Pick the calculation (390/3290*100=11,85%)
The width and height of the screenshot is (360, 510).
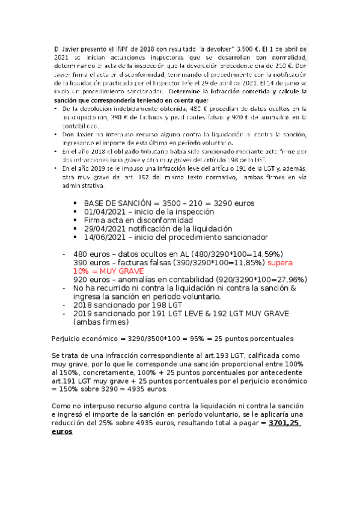coord(215,263)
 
